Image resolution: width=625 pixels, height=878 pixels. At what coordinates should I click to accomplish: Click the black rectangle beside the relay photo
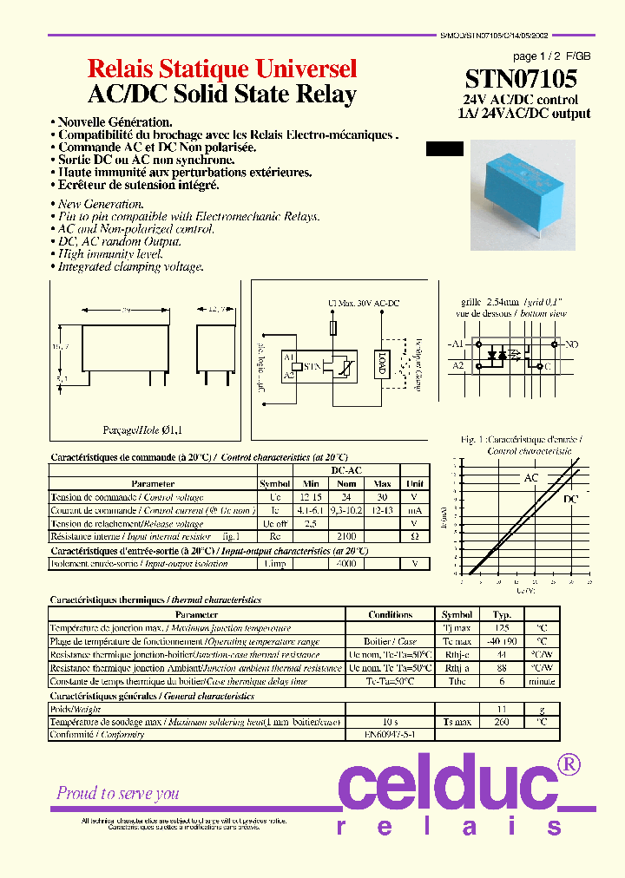click(444, 148)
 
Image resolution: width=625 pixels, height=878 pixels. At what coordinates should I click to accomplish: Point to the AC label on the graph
click(531, 478)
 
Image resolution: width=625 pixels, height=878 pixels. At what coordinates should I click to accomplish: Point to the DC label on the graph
click(571, 500)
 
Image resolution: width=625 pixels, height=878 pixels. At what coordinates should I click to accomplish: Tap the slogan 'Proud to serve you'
click(118, 793)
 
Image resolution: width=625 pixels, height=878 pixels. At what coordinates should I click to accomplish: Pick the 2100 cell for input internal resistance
click(347, 537)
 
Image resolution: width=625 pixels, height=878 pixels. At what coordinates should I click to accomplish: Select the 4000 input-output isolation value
click(347, 564)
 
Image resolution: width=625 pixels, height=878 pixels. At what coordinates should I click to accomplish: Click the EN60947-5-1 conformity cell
click(391, 734)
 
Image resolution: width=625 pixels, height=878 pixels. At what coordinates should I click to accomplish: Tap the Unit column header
click(416, 483)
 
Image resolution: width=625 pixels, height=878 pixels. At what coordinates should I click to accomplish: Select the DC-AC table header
click(346, 470)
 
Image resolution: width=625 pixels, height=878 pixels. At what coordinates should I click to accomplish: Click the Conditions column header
click(390, 614)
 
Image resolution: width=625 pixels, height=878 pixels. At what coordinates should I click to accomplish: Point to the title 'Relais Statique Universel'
click(223, 69)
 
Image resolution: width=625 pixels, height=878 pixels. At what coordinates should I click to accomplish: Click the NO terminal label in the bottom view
click(570, 344)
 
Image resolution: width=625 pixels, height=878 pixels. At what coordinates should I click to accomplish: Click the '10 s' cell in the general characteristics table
click(390, 722)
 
